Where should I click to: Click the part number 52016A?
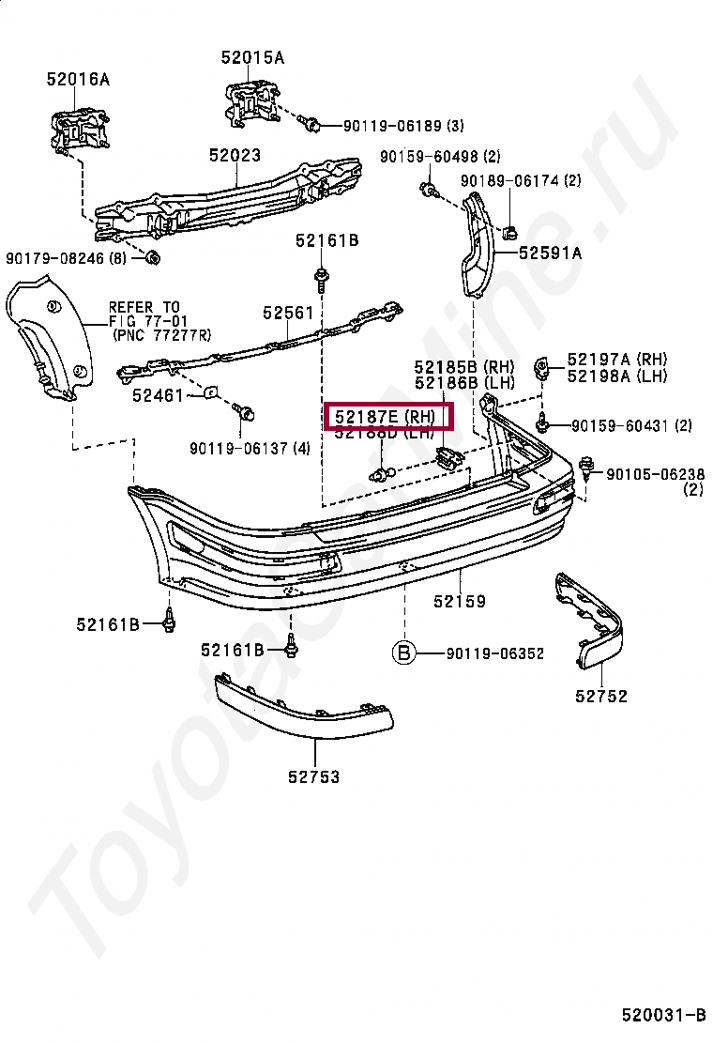(78, 80)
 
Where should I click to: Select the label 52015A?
(252, 57)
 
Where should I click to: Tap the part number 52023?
(235, 156)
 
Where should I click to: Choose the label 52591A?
(550, 253)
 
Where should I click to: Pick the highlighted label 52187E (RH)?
(387, 415)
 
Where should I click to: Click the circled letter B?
(402, 652)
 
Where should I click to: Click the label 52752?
(601, 696)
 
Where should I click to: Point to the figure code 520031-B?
(663, 1015)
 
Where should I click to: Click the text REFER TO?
(144, 306)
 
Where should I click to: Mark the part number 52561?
(288, 313)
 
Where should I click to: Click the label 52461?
(158, 395)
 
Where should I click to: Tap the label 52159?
(460, 602)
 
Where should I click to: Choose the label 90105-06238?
(654, 474)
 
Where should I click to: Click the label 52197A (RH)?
(616, 359)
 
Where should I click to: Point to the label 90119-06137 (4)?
(249, 448)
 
